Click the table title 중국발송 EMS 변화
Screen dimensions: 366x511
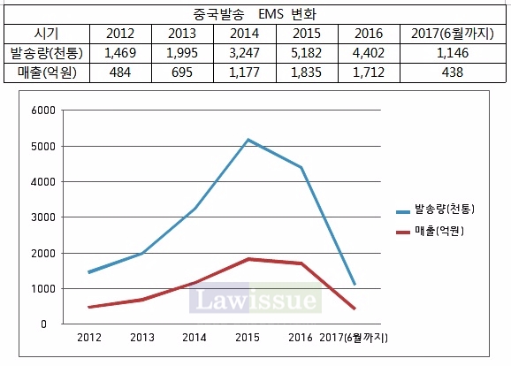tap(255, 14)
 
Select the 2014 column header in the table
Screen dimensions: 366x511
tap(244, 34)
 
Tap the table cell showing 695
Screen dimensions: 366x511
tap(181, 72)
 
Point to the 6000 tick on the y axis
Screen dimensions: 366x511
tap(42, 111)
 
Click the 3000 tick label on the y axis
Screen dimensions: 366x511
tap(42, 217)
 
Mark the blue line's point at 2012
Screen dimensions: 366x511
tap(88, 272)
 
